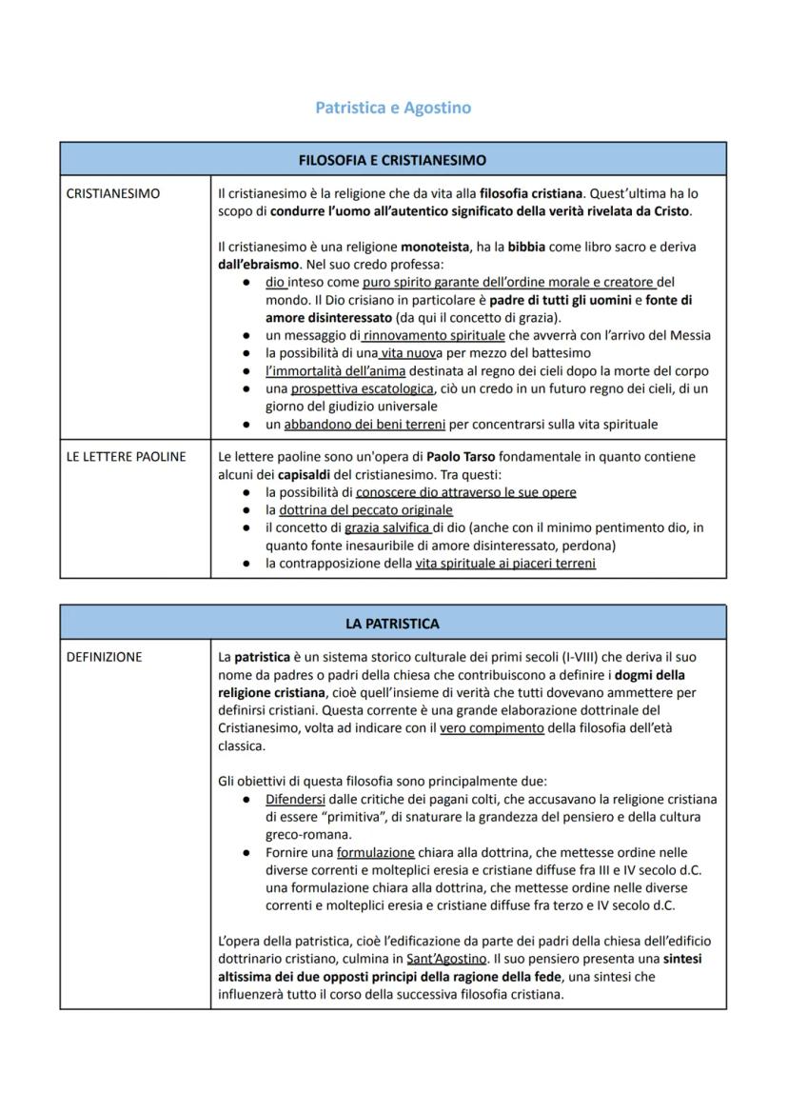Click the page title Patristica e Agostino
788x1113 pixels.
click(x=393, y=108)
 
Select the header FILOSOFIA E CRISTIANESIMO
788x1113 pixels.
click(x=392, y=160)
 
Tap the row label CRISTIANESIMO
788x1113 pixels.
click(x=113, y=193)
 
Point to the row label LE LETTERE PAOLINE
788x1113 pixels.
click(x=126, y=457)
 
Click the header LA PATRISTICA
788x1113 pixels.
click(x=392, y=624)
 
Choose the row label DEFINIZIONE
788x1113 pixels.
click(x=104, y=657)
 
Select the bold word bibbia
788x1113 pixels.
click(x=526, y=247)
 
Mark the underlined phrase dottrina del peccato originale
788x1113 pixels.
click(x=359, y=510)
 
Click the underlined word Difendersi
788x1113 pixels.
click(x=295, y=800)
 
